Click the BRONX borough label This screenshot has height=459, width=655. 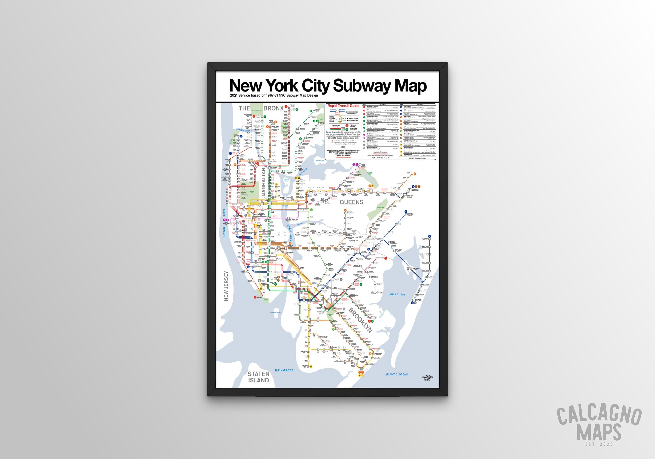(273, 108)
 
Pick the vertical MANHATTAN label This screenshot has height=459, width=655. (264, 182)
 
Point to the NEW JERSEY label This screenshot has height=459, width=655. (226, 286)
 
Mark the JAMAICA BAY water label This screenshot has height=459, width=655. (396, 294)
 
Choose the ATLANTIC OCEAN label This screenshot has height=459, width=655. (396, 374)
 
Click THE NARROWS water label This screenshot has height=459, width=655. (284, 370)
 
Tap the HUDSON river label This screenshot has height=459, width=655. (224, 233)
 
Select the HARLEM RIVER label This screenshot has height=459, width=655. (243, 130)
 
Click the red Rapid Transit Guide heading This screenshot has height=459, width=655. (343, 106)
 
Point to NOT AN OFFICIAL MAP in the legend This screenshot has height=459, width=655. (380, 158)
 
